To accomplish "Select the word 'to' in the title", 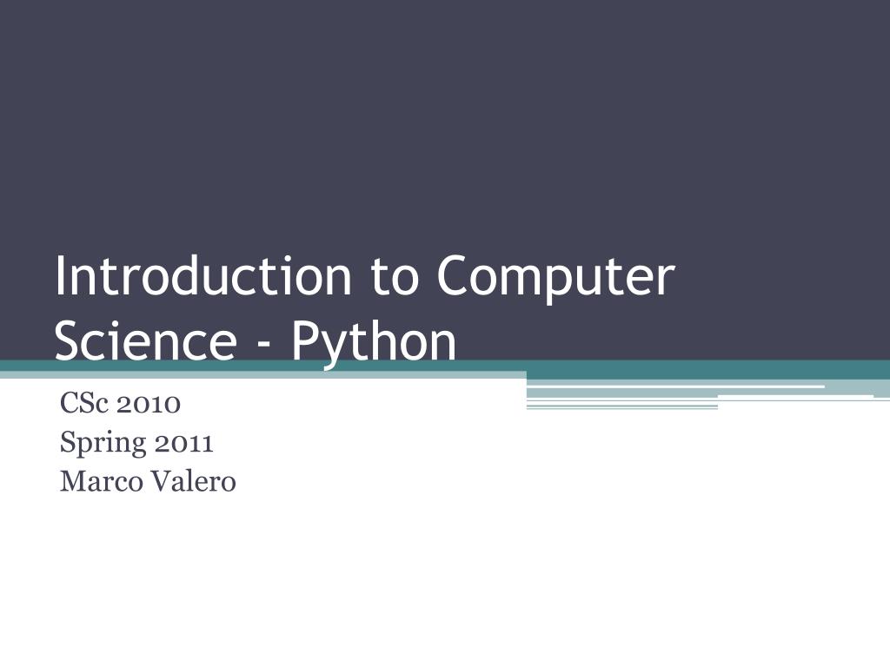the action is [395, 278].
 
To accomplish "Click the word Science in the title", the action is [146, 340].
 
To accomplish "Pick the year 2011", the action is [181, 443].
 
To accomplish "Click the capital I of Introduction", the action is [60, 275].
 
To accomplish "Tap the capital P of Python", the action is [305, 340].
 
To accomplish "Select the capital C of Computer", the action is [455, 275].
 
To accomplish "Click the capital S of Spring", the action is [68, 442].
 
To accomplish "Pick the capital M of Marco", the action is [74, 481].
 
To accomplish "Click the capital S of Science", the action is [70, 340].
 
